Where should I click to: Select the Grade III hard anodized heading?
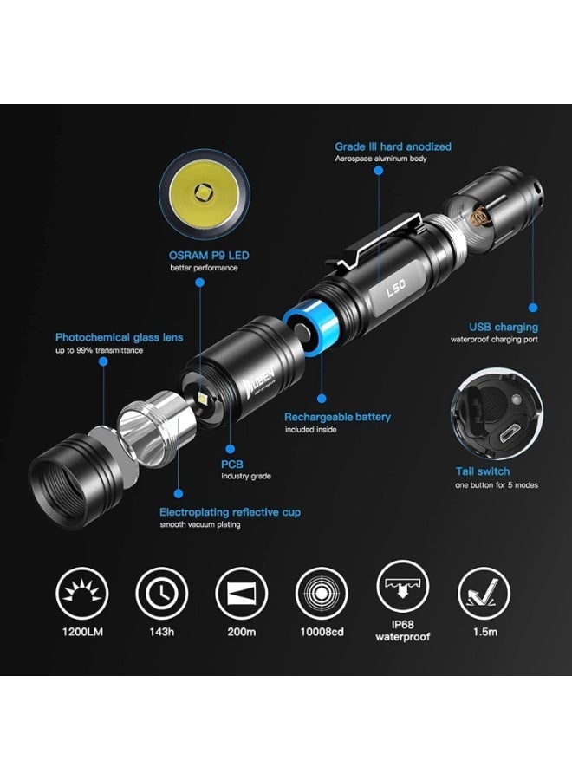click(x=393, y=146)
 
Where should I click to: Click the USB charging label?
click(x=504, y=327)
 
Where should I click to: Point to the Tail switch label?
click(x=483, y=471)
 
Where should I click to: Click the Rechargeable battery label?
click(x=337, y=417)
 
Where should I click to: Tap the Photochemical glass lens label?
click(x=119, y=337)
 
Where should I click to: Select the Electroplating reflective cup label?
click(x=230, y=512)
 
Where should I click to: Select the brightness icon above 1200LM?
click(x=82, y=591)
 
